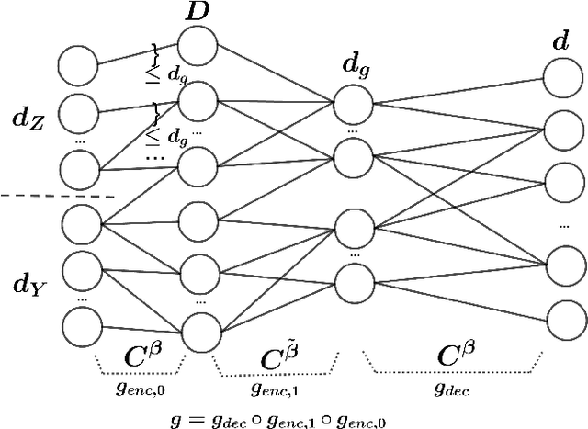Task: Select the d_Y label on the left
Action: [x=25, y=284]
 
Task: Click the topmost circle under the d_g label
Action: [x=353, y=104]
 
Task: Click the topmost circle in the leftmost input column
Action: [x=77, y=66]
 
